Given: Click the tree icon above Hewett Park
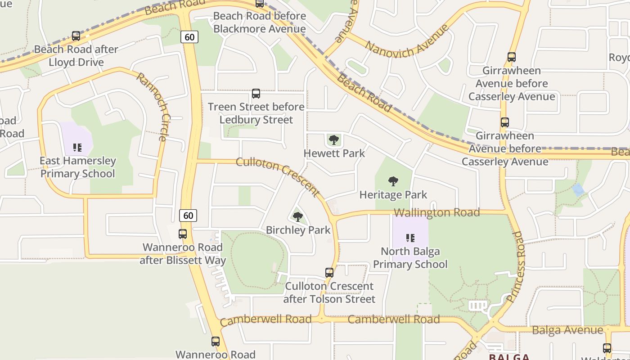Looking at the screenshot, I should [x=333, y=140].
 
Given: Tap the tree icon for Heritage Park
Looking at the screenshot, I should [x=393, y=181].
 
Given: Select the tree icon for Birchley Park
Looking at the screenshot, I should [x=297, y=217].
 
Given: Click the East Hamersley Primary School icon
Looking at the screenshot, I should [x=77, y=147].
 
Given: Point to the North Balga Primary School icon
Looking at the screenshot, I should [x=410, y=238].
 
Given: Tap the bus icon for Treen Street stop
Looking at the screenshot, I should [x=256, y=94].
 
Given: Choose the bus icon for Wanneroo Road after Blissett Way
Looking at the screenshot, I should [x=182, y=234].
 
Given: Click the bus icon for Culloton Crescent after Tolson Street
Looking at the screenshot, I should [x=329, y=273].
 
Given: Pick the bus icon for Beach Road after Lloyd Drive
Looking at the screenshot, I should [x=76, y=36].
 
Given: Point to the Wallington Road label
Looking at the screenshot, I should [x=436, y=212].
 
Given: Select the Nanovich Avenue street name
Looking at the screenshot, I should [x=407, y=41].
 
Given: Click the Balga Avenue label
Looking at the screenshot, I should [x=567, y=330].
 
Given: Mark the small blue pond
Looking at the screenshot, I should [x=578, y=190].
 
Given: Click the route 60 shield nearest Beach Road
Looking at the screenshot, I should [x=189, y=36].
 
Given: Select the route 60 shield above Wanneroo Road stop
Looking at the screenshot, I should [x=188, y=216].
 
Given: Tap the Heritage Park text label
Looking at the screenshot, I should [x=393, y=195].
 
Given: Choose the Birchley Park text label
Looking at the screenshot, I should [x=298, y=230].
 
